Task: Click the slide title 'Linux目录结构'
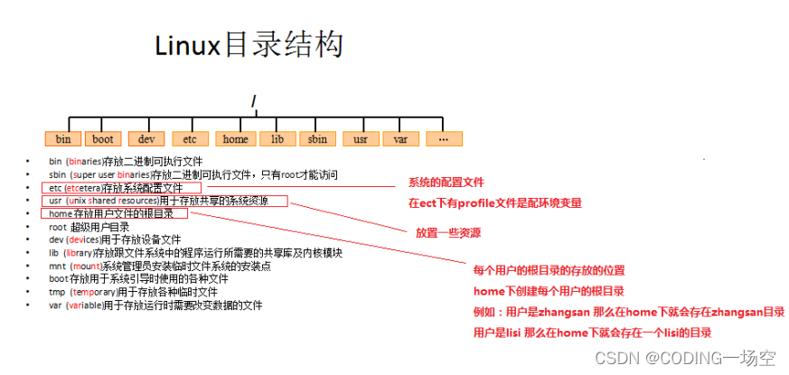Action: pos(249,44)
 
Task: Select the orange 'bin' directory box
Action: pos(62,139)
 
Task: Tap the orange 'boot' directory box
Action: pos(103,139)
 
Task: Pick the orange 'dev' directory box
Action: pos(146,139)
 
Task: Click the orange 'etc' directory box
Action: pos(190,139)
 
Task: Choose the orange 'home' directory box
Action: pos(235,139)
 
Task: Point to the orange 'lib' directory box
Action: pos(277,139)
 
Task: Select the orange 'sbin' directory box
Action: pos(317,139)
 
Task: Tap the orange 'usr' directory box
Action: pos(361,139)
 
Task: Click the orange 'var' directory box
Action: pos(400,139)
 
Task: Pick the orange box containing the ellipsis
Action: pos(443,139)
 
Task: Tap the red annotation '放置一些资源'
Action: pos(447,232)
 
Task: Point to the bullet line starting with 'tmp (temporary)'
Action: pos(133,292)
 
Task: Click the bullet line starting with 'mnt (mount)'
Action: pos(158,266)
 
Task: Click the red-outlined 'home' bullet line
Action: pos(114,213)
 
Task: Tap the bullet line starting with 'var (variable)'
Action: pos(155,305)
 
